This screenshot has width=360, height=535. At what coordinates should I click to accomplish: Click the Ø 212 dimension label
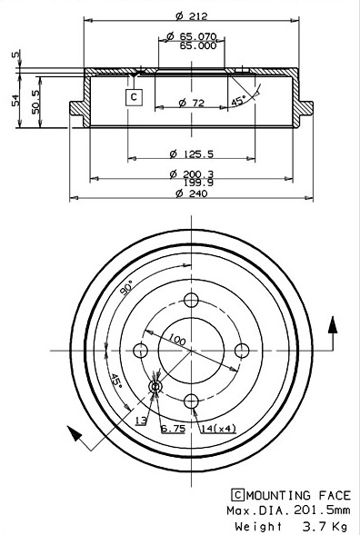coord(191,15)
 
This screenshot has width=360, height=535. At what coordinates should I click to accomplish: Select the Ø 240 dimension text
coord(191,193)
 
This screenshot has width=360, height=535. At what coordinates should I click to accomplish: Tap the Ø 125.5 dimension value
coord(191,154)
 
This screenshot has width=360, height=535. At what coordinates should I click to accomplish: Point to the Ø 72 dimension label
coord(191,103)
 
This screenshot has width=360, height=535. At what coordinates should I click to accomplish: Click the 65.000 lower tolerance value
coord(198,45)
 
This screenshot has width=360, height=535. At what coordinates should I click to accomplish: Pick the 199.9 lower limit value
coord(198,183)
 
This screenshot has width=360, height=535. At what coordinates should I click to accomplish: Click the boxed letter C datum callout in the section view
coord(134,97)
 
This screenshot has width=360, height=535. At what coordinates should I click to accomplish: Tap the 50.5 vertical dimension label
coord(35,102)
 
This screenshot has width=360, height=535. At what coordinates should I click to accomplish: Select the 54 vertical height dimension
coord(15,102)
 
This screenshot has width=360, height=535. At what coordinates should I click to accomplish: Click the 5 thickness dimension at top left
coord(15,54)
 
